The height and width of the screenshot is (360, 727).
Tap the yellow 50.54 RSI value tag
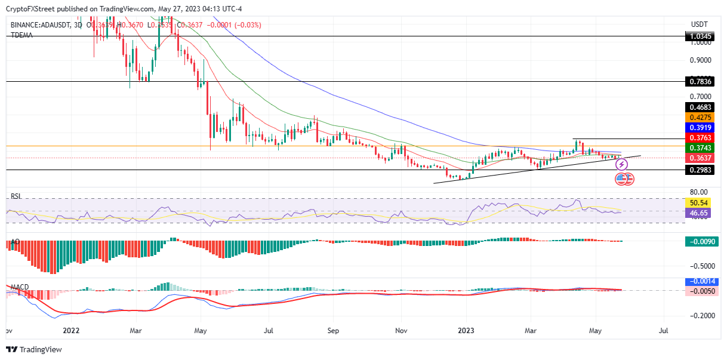(x=699, y=203)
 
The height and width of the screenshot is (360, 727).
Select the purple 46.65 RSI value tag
(x=699, y=212)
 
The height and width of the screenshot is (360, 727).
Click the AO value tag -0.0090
(x=701, y=242)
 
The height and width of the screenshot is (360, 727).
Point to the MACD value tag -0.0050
(x=701, y=291)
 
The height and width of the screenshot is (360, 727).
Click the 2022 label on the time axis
(x=71, y=330)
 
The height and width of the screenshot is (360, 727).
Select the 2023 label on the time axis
(x=467, y=330)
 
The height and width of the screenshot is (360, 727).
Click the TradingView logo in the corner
(x=30, y=350)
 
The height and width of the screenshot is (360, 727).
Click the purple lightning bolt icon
(x=621, y=164)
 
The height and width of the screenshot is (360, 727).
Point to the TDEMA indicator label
(x=21, y=35)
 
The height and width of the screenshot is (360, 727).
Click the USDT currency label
(x=699, y=24)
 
